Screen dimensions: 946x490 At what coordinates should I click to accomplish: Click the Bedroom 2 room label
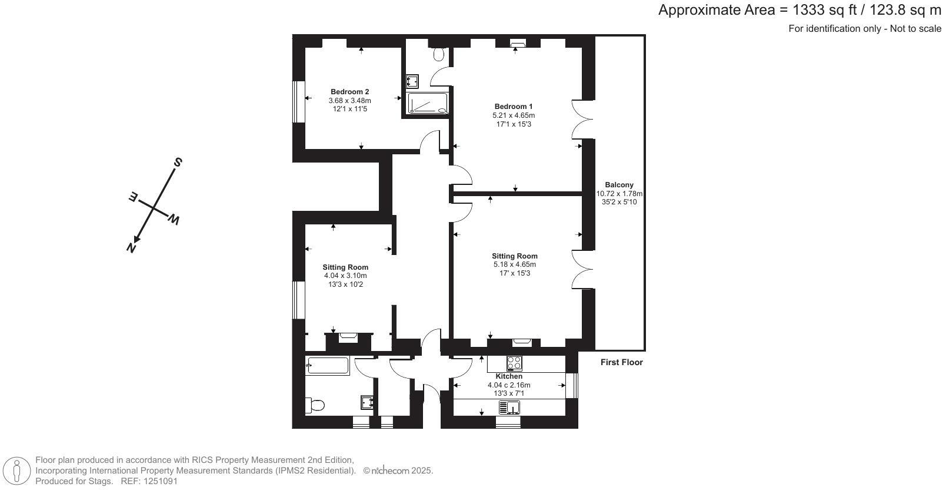click(349, 92)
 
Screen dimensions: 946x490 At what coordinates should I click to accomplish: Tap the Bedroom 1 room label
click(514, 107)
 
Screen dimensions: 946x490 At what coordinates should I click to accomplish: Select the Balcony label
click(619, 185)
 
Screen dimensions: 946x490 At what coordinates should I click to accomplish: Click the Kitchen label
click(509, 376)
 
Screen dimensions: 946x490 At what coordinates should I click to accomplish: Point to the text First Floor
click(622, 362)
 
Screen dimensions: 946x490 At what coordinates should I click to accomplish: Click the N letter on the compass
click(132, 247)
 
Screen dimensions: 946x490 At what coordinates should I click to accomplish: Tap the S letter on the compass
click(178, 163)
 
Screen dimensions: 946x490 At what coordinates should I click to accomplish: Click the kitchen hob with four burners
click(514, 363)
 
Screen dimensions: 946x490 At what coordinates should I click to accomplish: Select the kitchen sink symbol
click(509, 408)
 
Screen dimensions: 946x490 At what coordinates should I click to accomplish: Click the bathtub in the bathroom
click(328, 365)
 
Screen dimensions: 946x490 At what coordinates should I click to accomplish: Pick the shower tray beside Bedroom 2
click(428, 103)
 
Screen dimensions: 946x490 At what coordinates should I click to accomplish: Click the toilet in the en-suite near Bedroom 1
click(439, 54)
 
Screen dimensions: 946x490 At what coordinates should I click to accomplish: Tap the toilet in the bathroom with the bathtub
click(315, 405)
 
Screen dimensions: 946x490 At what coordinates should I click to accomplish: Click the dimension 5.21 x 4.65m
click(514, 115)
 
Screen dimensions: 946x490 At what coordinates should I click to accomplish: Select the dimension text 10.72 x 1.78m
click(619, 194)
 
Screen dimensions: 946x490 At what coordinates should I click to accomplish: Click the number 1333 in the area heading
click(808, 10)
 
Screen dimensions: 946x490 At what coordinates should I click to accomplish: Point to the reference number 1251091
click(161, 481)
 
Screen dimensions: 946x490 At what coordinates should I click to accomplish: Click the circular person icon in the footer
click(16, 471)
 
